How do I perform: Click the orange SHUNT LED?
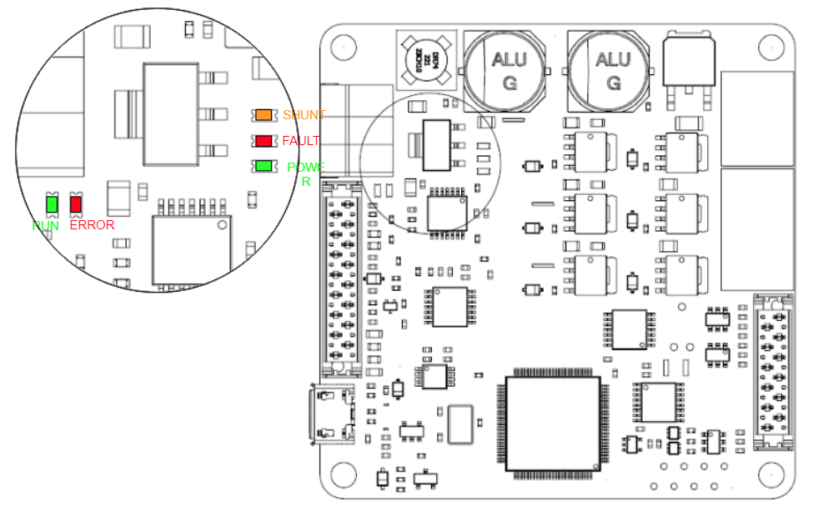pyautogui.click(x=264, y=114)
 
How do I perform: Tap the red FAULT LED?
pyautogui.click(x=264, y=140)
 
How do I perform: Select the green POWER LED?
pyautogui.click(x=264, y=166)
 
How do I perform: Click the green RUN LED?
pyautogui.click(x=52, y=203)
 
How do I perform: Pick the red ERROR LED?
pyautogui.click(x=76, y=203)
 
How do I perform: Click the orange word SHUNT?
pyautogui.click(x=304, y=115)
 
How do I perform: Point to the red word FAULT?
pyautogui.click(x=300, y=141)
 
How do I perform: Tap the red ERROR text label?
pyautogui.click(x=92, y=225)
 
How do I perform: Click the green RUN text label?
pyautogui.click(x=46, y=225)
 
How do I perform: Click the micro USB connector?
pyautogui.click(x=332, y=414)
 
